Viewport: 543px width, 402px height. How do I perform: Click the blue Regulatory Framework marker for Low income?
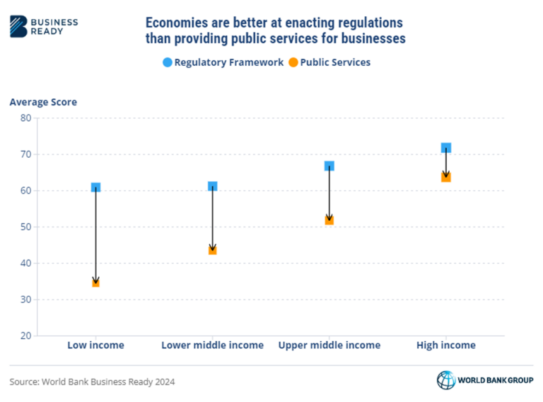coord(95,188)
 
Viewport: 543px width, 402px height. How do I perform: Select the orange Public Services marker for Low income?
coord(95,282)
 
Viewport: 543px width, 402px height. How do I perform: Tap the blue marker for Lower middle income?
coord(212,186)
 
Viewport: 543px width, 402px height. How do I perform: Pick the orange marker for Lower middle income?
coord(212,250)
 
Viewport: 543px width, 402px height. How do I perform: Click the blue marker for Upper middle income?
coord(329,166)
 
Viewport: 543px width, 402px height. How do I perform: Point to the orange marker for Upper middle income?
coord(329,220)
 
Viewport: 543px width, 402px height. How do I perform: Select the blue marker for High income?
coord(445,148)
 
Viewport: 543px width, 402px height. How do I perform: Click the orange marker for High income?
coord(445,177)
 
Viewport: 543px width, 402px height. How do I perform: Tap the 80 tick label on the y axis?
coord(25,118)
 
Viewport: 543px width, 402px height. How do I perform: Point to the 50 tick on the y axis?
coord(25,227)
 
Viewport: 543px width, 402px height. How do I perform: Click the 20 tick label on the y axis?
coord(25,335)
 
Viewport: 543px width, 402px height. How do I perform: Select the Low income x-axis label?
coord(95,345)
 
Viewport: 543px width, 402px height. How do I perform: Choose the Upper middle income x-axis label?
coord(329,345)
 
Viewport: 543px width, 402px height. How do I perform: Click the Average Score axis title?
coord(43,102)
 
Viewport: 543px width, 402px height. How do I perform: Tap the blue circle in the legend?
coord(167,62)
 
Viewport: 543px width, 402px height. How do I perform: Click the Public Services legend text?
coord(335,62)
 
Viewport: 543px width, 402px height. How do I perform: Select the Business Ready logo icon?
coord(19,26)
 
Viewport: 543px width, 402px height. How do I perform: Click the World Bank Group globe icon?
coord(445,380)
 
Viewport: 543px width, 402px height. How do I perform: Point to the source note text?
coord(92,381)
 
